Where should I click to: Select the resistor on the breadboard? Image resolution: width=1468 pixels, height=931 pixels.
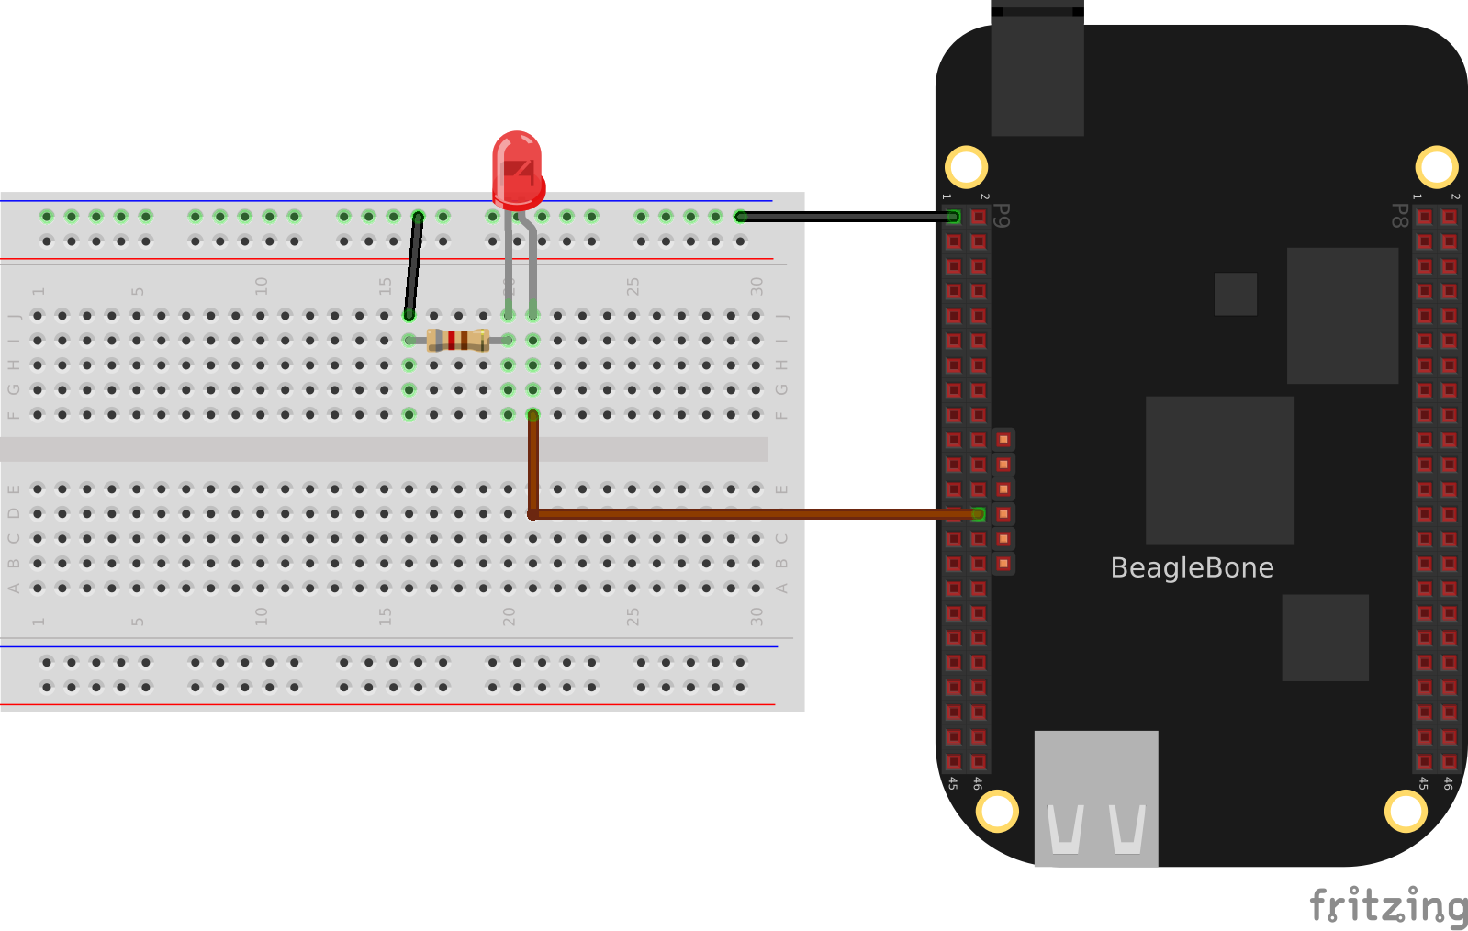pos(458,341)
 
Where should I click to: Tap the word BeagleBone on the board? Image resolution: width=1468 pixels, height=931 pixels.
pos(1192,568)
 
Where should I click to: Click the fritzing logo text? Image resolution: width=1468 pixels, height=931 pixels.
pos(1387,905)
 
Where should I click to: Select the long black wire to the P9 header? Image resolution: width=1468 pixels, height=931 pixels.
pos(845,217)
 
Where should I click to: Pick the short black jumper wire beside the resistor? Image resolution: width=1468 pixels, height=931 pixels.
pos(414,266)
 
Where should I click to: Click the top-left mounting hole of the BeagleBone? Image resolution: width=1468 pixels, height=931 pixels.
pos(966,167)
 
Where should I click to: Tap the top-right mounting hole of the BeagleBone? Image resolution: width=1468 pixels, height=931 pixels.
pos(1436,167)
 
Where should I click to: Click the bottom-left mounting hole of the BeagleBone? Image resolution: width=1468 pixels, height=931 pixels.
pos(996,811)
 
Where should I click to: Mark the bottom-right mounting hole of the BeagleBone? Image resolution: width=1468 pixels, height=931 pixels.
pos(1406,811)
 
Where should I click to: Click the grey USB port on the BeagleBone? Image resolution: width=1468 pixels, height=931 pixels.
pos(1096,798)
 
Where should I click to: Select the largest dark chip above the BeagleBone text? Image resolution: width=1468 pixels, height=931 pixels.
pos(1219,470)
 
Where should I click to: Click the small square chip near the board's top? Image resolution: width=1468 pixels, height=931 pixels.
pos(1235,294)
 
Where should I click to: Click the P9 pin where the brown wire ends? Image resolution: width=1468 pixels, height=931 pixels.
pos(979,514)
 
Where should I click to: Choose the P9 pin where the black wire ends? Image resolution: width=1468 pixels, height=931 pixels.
pos(954,217)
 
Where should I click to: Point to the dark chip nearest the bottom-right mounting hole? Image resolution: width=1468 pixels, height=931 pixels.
pos(1325,637)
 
